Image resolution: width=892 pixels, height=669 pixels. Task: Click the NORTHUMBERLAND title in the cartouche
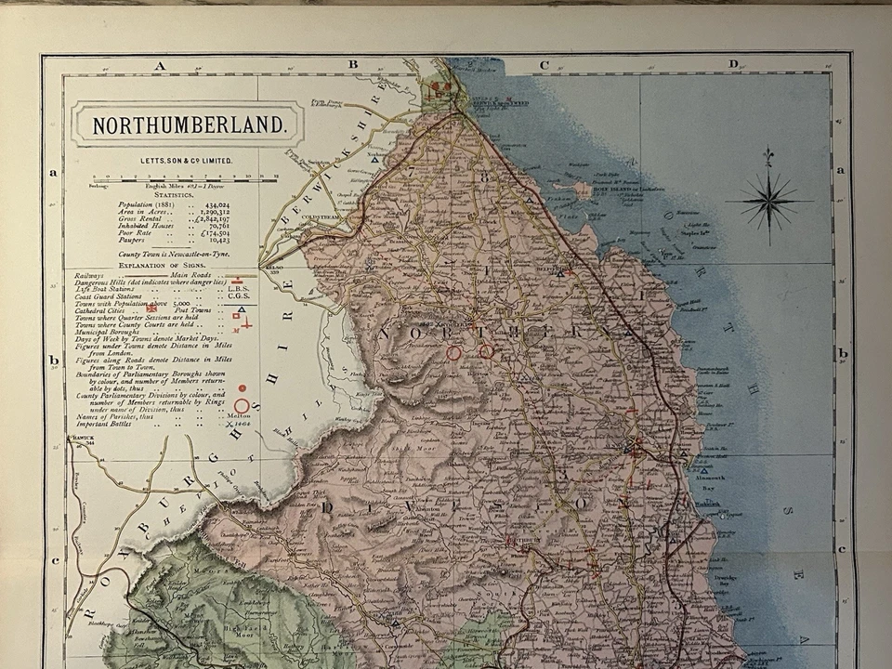[186, 123]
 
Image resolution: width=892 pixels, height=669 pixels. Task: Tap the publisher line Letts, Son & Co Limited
[186, 161]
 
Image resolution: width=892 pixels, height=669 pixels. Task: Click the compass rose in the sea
[768, 200]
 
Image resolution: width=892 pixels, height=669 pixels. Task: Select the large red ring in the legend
[242, 405]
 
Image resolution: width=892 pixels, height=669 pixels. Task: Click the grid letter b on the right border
[842, 354]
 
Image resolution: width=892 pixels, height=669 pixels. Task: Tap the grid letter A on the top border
[160, 65]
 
